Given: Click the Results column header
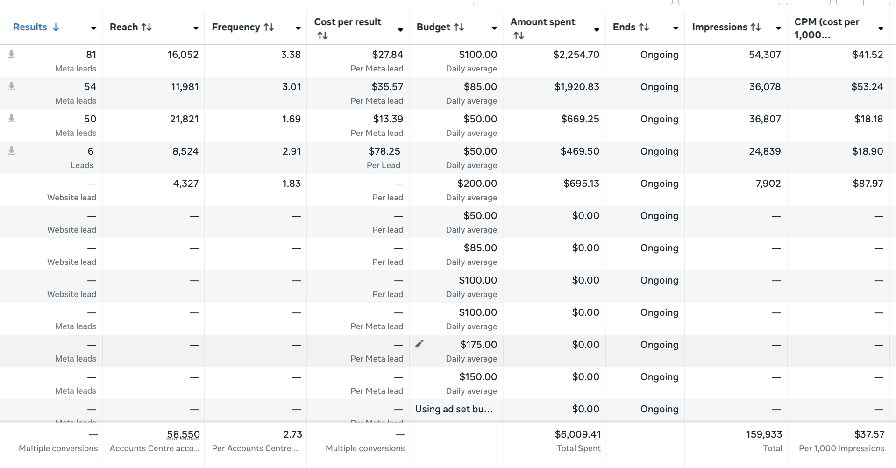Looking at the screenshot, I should tap(30, 27).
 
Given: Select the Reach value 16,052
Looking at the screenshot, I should tap(183, 55).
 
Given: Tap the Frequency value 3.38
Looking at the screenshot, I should tap(291, 55).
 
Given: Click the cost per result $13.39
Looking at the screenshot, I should tap(388, 119).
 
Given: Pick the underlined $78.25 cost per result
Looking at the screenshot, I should tap(384, 151).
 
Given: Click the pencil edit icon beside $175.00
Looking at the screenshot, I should tap(420, 344).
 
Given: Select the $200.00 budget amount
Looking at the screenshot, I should tap(477, 184).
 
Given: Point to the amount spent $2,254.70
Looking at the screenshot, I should tap(576, 55).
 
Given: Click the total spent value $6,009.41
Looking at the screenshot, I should tap(577, 434).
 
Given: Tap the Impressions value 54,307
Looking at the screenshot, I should tap(765, 55).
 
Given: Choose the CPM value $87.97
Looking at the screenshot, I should tap(868, 184).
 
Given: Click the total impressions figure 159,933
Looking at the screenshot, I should tap(764, 434).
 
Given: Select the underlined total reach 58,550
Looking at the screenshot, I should tap(183, 434).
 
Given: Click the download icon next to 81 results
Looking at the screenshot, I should tap(12, 54).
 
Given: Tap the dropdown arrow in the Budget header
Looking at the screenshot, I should tap(494, 28).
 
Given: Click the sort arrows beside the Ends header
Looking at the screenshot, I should tap(644, 27).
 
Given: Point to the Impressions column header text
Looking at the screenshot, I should tap(719, 27).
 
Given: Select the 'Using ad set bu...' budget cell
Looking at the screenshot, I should tap(454, 409).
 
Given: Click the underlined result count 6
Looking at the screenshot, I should tap(91, 151).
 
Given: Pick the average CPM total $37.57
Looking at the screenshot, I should tap(869, 434).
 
